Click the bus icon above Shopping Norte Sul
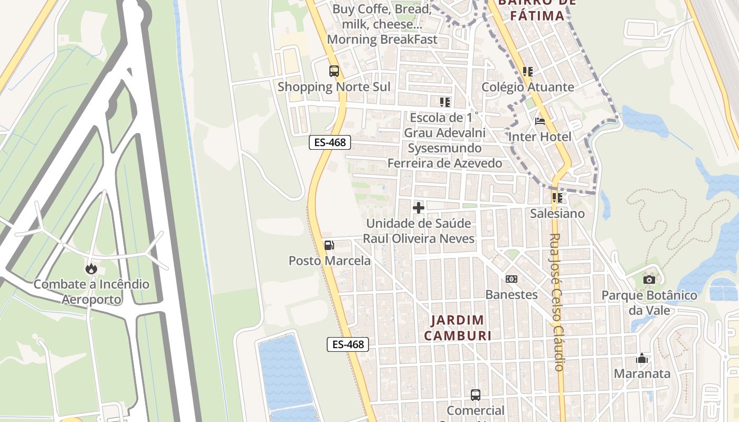(x=334, y=71)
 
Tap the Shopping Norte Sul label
(x=334, y=87)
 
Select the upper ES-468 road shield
(x=330, y=142)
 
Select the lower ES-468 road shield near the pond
(x=347, y=344)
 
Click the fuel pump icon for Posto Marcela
(x=329, y=245)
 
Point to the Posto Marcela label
(x=329, y=261)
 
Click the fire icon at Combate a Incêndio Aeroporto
(x=91, y=268)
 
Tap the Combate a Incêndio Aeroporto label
(x=91, y=292)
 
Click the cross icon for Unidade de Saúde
(x=419, y=208)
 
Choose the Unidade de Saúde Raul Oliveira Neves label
(x=419, y=231)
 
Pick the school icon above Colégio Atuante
(x=527, y=71)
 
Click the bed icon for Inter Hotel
(x=540, y=121)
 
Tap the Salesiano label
(x=558, y=214)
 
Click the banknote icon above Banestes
(x=511, y=279)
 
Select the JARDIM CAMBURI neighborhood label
(x=458, y=328)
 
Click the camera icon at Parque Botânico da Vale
(x=649, y=280)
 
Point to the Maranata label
(x=642, y=374)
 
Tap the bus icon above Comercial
(x=475, y=395)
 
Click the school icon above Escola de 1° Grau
(x=444, y=102)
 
